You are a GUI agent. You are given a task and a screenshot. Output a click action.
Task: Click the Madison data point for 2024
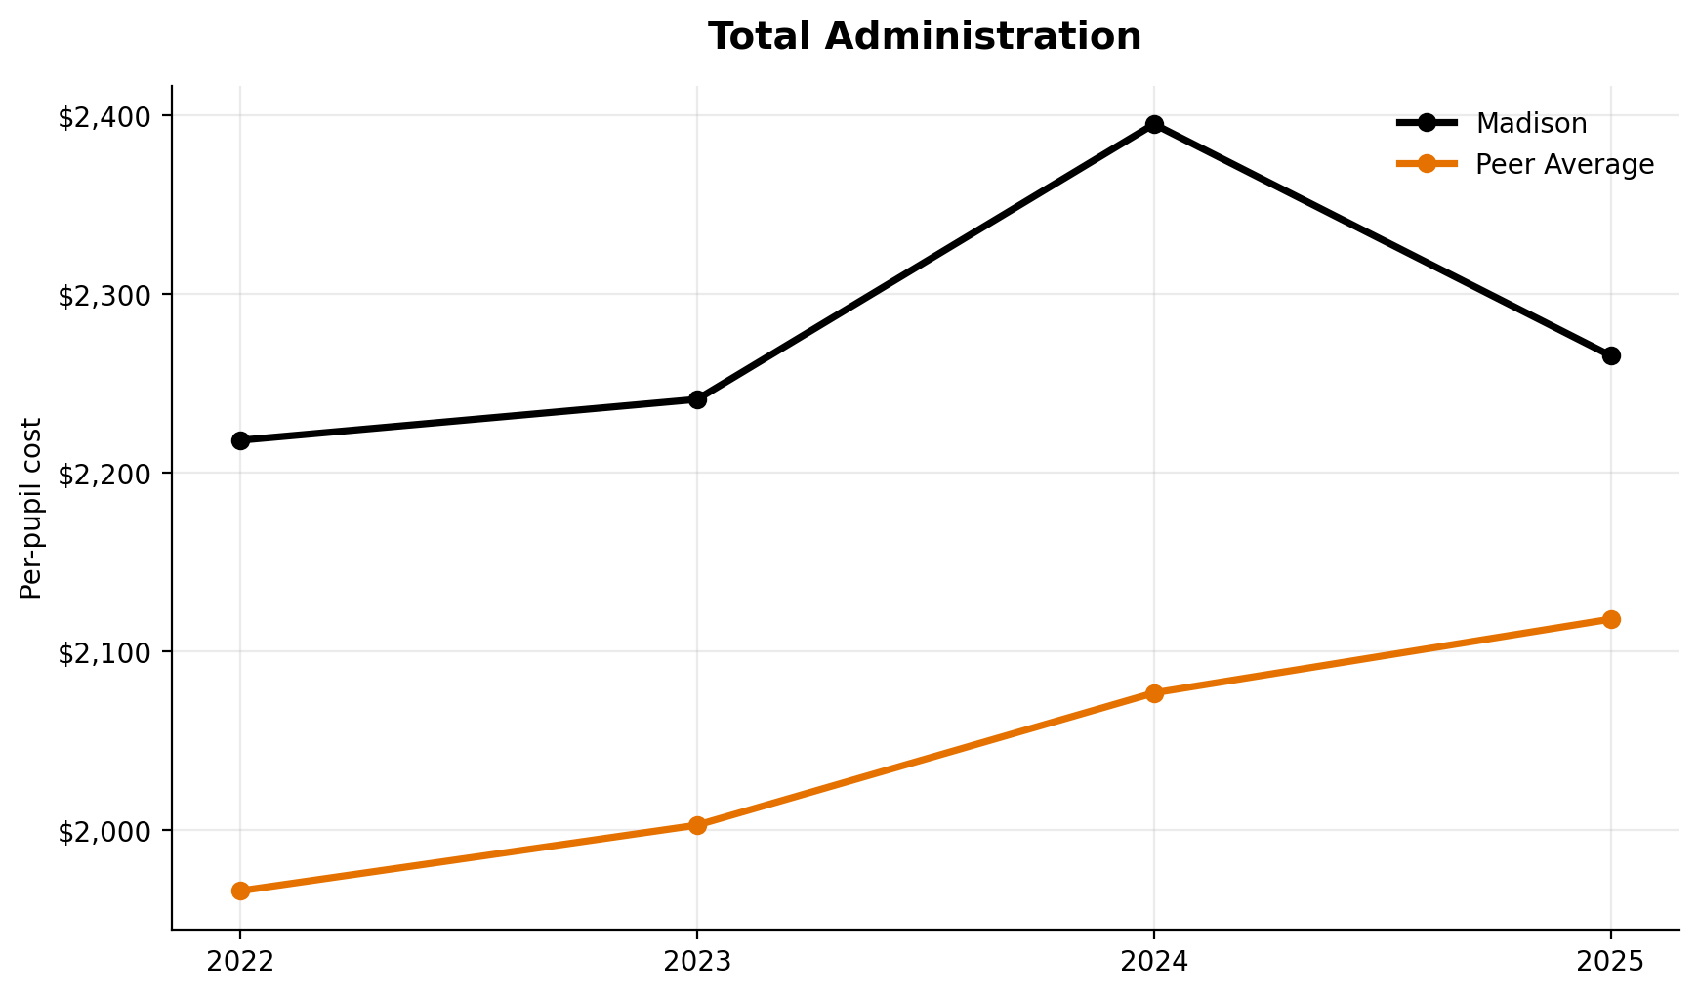(1154, 124)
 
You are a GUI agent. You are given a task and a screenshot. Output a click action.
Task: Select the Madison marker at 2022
(240, 440)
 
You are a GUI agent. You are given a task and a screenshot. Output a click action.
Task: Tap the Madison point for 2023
(697, 399)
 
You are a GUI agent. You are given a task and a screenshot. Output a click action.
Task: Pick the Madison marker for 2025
(1611, 355)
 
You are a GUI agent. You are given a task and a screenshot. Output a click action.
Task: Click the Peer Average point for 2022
(240, 891)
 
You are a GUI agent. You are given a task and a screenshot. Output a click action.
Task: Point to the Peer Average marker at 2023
(697, 825)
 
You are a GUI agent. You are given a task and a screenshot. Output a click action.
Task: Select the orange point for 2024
(1154, 693)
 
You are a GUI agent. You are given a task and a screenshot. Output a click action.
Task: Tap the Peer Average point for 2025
(1611, 619)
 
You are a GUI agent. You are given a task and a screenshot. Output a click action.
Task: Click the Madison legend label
(1531, 123)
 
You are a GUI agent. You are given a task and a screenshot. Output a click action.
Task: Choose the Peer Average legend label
(1564, 164)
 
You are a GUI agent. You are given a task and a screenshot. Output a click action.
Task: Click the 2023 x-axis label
(697, 962)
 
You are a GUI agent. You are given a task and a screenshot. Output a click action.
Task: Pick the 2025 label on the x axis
(1611, 962)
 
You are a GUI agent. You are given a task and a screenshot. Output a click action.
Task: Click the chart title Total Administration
(924, 37)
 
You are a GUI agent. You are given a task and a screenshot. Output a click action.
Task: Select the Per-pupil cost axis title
(31, 508)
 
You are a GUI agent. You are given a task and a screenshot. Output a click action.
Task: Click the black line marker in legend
(1427, 123)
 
